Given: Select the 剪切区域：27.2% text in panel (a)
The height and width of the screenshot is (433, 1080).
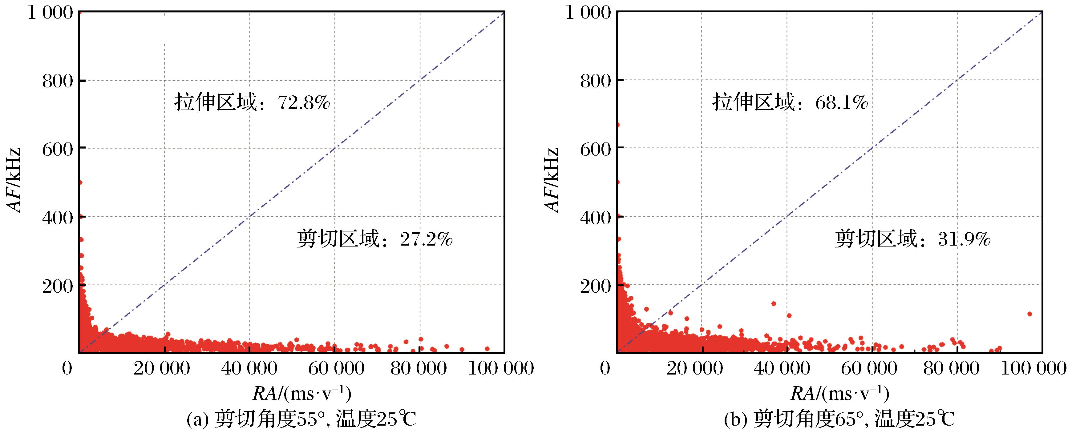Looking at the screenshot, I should pyautogui.click(x=375, y=240).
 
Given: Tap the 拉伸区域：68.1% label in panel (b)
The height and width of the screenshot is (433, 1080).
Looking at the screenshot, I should pyautogui.click(x=790, y=102).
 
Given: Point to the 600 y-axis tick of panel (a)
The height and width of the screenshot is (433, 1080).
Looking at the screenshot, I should pyautogui.click(x=58, y=149).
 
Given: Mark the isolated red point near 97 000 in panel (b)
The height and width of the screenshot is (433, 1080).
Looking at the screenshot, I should pyautogui.click(x=1029, y=314).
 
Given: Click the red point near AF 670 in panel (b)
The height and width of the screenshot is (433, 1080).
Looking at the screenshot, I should pyautogui.click(x=617, y=125).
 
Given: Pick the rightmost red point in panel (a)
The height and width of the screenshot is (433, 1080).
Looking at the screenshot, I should pyautogui.click(x=487, y=348).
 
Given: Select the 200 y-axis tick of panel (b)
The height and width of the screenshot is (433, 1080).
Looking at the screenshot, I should pyautogui.click(x=595, y=286).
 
